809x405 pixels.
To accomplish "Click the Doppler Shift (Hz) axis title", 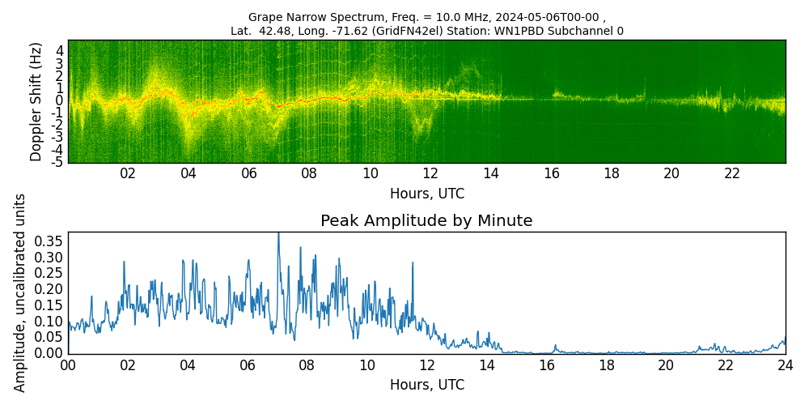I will coord(36,101).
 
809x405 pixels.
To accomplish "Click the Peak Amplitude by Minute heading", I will coord(426,221).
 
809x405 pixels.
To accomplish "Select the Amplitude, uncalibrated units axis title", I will coord(20,292).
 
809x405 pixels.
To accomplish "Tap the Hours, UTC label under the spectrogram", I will coord(426,194).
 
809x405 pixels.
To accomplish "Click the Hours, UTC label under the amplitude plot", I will coord(426,385).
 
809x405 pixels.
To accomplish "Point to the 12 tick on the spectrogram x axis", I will coord(430,173).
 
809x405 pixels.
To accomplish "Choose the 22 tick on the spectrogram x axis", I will coord(732,173).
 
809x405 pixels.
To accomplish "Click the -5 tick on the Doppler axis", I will coord(57,162).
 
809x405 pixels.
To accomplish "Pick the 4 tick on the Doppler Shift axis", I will coord(60,50).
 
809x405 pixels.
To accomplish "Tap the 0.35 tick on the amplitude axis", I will coord(49,241).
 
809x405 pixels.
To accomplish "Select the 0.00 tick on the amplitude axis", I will coord(49,353).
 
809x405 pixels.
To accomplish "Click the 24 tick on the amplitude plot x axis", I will coord(785,365).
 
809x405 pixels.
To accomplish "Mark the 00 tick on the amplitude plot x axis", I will coord(68,365).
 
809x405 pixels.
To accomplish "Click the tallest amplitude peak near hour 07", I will coord(278,235).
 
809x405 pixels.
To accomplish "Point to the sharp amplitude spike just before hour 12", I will coord(413,263).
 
